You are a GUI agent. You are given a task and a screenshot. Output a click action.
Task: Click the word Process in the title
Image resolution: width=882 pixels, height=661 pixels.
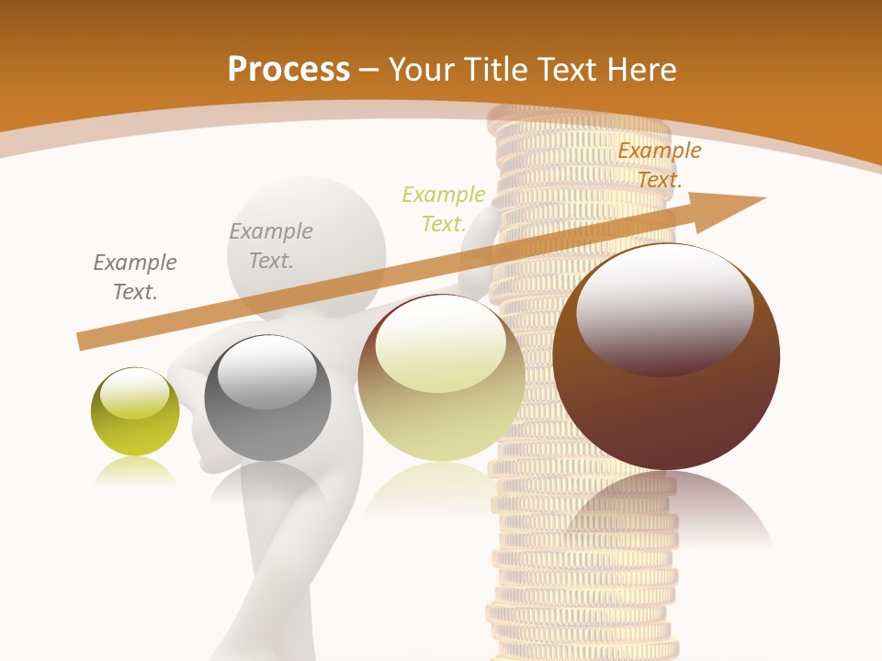288,69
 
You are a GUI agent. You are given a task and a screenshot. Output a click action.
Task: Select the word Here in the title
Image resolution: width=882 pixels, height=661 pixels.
639,69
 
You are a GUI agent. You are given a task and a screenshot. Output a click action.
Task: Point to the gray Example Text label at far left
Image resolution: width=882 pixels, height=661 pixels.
135,277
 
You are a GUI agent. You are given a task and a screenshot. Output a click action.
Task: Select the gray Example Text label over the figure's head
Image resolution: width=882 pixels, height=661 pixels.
271,246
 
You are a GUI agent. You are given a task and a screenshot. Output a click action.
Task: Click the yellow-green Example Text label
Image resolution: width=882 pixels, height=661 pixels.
444,209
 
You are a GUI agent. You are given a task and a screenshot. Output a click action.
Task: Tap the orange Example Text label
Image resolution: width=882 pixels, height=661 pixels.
660,165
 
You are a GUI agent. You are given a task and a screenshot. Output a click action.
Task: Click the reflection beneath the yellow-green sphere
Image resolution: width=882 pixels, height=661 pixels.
135,472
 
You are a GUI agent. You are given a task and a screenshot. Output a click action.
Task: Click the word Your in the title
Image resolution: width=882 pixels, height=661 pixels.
423,69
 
